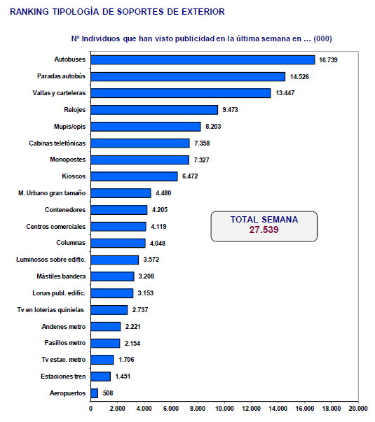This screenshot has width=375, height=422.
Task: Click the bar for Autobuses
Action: tap(203, 59)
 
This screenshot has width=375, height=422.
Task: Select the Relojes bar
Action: tap(154, 110)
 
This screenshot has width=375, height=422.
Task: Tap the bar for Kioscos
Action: tap(135, 176)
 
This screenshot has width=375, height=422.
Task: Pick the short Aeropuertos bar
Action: tap(95, 393)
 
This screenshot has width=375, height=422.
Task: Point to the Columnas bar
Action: tap(118, 243)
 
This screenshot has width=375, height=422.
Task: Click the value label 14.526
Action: tap(299, 77)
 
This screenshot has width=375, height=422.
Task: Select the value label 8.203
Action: tap(213, 127)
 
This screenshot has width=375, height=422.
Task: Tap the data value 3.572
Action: tap(151, 260)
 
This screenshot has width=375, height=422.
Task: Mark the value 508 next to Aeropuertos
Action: tap(108, 393)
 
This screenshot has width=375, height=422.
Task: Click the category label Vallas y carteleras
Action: tap(59, 93)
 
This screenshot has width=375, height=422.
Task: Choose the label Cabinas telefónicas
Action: tap(57, 143)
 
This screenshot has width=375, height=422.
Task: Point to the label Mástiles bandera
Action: tap(61, 276)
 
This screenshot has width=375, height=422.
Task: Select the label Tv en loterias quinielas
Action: tap(50, 310)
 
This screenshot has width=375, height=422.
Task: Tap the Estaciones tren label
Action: tap(63, 377)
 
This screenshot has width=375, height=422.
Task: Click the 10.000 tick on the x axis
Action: tap(224, 409)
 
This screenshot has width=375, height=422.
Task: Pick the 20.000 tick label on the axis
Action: tap(358, 409)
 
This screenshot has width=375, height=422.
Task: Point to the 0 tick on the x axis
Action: tap(90, 409)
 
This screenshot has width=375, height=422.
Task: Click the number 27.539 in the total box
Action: tap(264, 230)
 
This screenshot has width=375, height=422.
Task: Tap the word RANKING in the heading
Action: tap(29, 12)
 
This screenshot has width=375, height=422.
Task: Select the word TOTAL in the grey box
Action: tap(244, 220)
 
